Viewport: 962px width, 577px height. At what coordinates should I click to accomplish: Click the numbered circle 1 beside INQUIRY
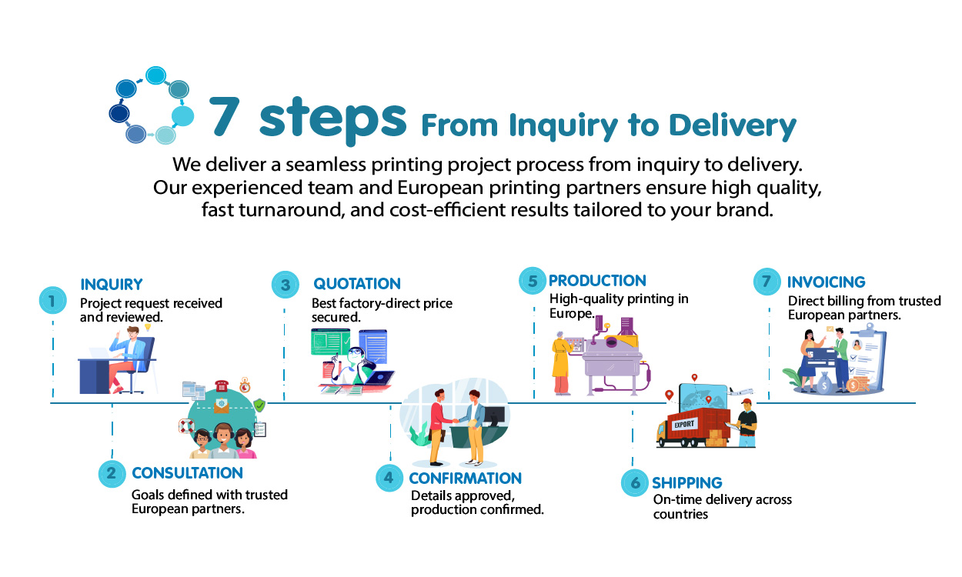pyautogui.click(x=52, y=301)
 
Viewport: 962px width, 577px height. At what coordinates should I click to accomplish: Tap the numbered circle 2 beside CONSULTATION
pyautogui.click(x=112, y=473)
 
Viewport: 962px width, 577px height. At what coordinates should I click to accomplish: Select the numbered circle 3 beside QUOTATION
pyautogui.click(x=286, y=285)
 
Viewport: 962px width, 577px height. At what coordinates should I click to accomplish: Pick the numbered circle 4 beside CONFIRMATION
pyautogui.click(x=389, y=477)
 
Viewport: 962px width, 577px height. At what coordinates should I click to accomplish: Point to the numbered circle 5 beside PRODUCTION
pyautogui.click(x=533, y=281)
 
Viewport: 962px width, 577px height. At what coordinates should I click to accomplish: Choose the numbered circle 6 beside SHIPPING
pyautogui.click(x=635, y=482)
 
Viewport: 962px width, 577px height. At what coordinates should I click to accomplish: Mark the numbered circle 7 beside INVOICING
pyautogui.click(x=767, y=282)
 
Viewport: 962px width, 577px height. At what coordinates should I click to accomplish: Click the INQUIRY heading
pyautogui.click(x=112, y=285)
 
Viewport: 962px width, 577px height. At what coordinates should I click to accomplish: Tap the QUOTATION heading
pyautogui.click(x=356, y=284)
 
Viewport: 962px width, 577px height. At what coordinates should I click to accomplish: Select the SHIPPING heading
pyautogui.click(x=686, y=483)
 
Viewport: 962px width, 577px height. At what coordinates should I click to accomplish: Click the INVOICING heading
pyautogui.click(x=826, y=282)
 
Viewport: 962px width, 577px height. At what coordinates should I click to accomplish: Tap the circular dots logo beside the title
pyautogui.click(x=151, y=106)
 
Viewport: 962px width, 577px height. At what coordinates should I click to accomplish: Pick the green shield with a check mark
pyautogui.click(x=260, y=405)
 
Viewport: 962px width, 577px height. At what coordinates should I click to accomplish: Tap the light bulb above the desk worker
pyautogui.click(x=148, y=328)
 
